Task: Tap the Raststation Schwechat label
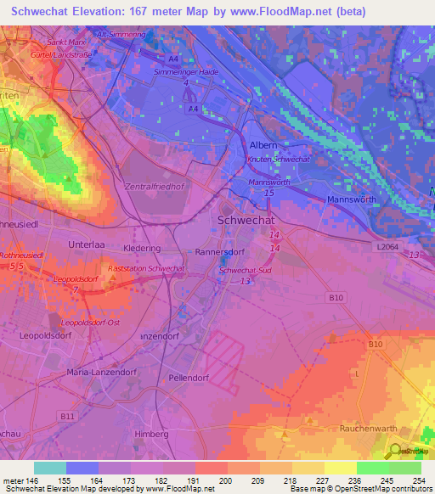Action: (x=154, y=267)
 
